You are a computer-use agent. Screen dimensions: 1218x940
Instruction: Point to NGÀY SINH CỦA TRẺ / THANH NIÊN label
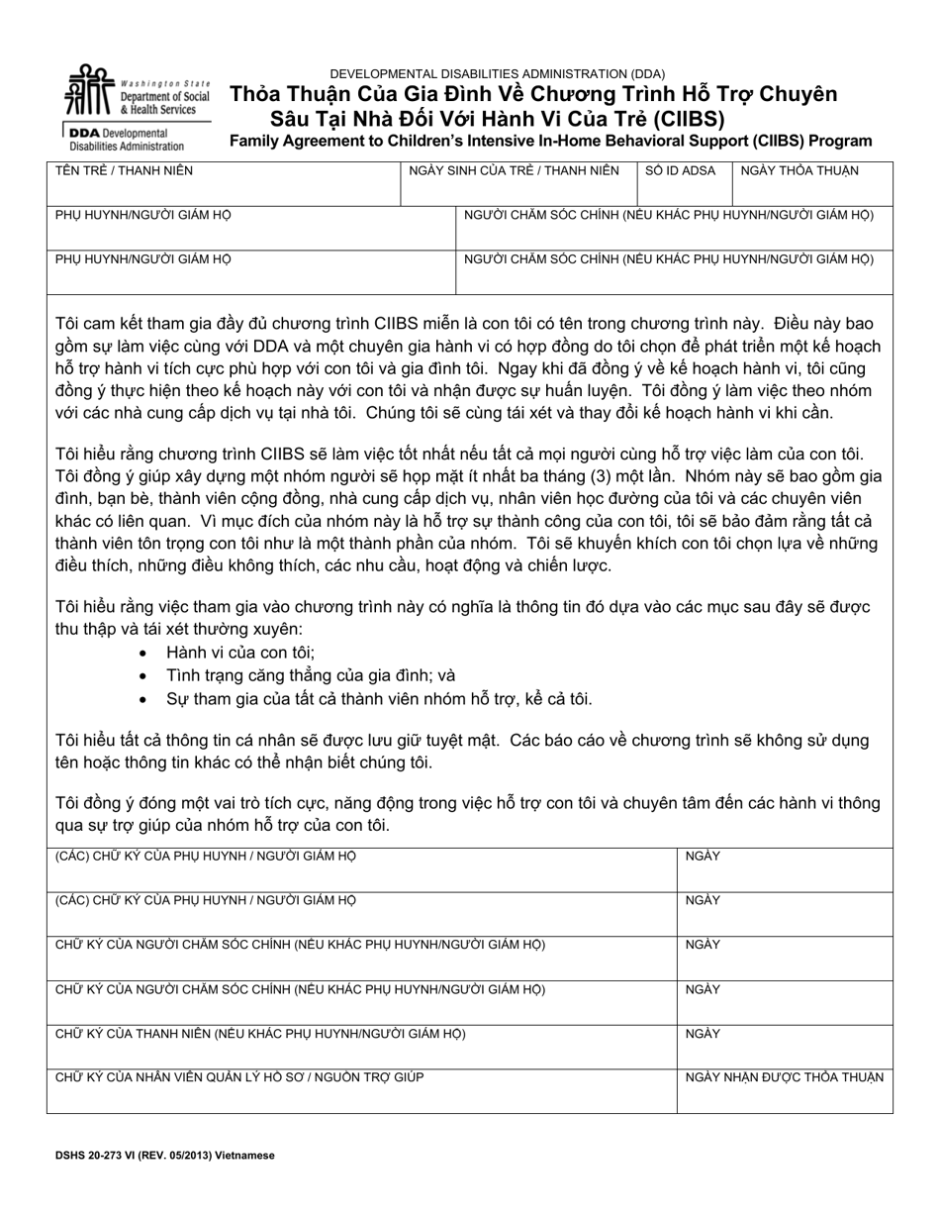pos(514,171)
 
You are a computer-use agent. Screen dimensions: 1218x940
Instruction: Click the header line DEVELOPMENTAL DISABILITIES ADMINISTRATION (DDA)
pos(497,73)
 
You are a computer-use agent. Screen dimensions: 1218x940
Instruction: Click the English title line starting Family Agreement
pos(551,142)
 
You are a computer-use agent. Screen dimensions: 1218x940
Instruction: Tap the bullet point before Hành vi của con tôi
pos(145,654)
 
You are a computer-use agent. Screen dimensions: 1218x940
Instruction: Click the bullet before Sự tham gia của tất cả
pos(145,699)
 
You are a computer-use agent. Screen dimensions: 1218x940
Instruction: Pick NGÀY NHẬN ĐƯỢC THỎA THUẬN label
pos(784,1077)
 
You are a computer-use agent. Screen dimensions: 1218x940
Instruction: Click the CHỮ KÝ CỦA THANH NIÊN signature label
pos(260,1034)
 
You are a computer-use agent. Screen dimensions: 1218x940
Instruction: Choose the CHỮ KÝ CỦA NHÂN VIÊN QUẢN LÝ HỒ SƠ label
pos(239,1077)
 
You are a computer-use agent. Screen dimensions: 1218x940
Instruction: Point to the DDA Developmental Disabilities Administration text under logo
pos(127,139)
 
